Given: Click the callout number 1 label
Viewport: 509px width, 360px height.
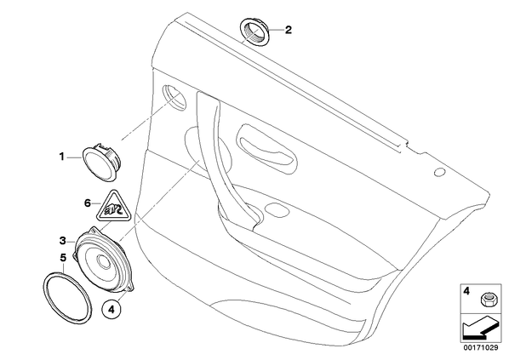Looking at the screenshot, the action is pos(61,157).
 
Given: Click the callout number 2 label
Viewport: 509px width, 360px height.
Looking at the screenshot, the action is pos(289,30).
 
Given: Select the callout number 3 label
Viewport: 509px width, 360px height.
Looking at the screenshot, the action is pos(63,241).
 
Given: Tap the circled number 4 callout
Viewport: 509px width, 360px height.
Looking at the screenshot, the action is pos(112,309).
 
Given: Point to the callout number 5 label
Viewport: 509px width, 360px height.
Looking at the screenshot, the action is pos(63,258).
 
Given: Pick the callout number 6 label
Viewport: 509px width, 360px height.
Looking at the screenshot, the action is pos(88,203).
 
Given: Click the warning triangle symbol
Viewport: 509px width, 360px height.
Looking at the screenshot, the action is pos(113,207).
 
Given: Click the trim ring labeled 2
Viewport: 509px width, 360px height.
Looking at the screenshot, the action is pos(254,33).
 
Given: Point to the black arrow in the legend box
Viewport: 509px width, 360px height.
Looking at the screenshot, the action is pos(479,329).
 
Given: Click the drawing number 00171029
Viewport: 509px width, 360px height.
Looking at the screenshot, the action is pos(480,348).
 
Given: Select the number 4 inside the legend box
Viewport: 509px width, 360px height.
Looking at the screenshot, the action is pos(466,291).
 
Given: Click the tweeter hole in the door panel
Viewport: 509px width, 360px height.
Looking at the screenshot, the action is pos(174,98).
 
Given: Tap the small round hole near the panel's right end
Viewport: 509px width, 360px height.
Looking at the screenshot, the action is pos(439,173).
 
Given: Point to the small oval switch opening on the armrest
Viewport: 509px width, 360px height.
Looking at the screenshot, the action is pos(277,210).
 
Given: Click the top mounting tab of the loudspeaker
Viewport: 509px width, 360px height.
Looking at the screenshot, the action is pos(94,230).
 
